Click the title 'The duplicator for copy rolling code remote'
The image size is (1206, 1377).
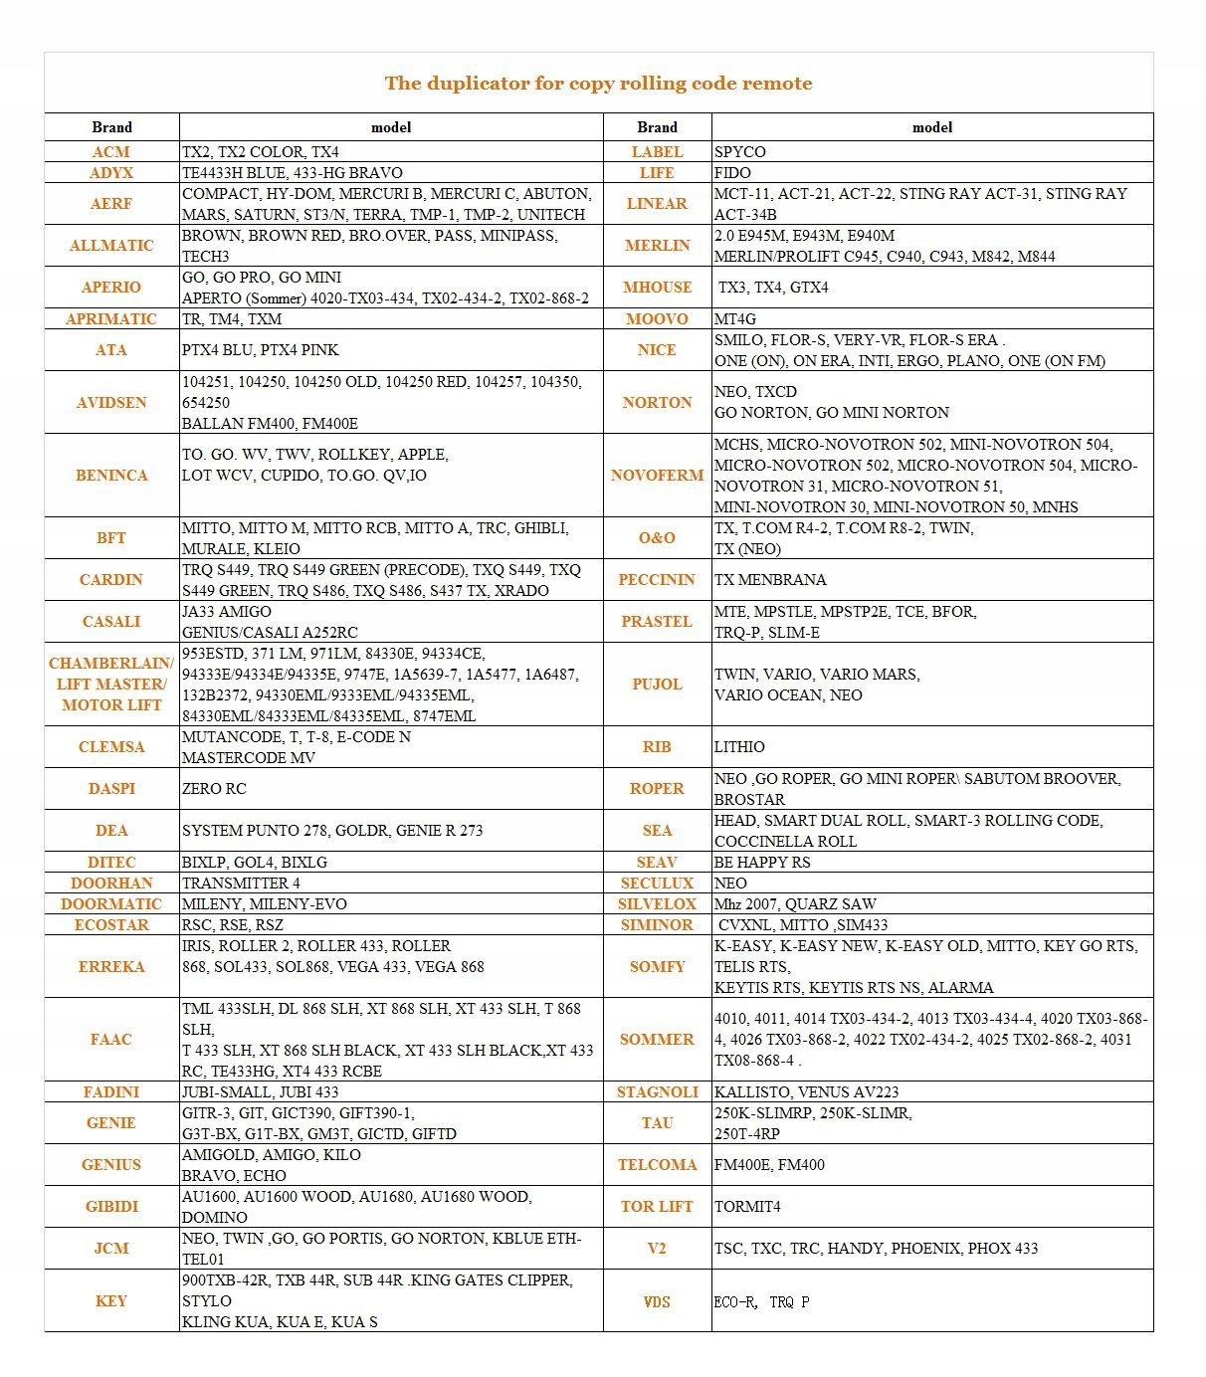[x=598, y=84]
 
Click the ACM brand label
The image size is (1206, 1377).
[x=111, y=152]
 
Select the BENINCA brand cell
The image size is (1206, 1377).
[x=111, y=476]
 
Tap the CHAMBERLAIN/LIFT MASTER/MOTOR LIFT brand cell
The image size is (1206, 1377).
[x=111, y=685]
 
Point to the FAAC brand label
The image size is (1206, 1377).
[x=111, y=1040]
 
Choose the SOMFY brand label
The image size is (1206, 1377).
[x=657, y=967]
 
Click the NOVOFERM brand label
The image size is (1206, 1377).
[x=657, y=476]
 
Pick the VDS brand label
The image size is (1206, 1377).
[x=657, y=1301]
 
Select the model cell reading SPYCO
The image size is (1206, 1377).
[x=740, y=152]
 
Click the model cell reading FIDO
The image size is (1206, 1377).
[x=732, y=173]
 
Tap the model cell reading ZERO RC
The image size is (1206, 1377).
[x=214, y=789]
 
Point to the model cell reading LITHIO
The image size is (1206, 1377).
[x=739, y=747]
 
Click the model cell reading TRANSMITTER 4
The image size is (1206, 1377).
[x=241, y=884]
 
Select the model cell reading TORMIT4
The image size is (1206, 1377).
[x=747, y=1207]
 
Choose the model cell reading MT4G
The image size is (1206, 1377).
[x=735, y=319]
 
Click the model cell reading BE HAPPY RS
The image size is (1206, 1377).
[x=762, y=863]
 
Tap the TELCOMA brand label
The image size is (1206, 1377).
[x=657, y=1165]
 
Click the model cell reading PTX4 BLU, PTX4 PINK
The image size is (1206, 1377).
[x=260, y=350]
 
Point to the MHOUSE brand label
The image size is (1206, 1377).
[x=657, y=288]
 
